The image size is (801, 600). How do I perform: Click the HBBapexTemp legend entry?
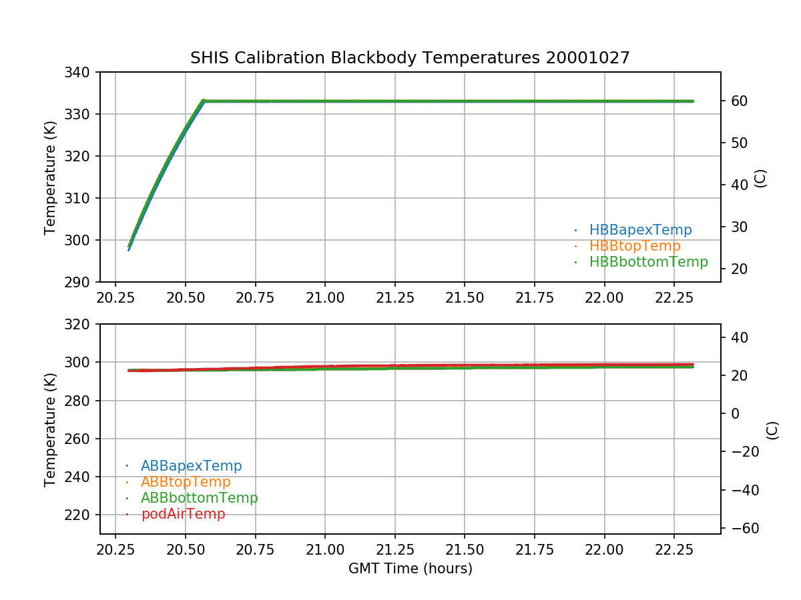[640, 230]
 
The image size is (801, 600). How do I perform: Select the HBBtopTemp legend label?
[635, 246]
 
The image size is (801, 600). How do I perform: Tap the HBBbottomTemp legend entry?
[648, 262]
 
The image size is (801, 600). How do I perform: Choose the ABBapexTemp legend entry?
[191, 466]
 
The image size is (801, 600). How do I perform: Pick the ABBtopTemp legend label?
[186, 482]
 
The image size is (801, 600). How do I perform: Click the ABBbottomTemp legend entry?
[199, 498]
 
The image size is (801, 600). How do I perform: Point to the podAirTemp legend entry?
[183, 514]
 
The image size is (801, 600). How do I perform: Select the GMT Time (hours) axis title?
[410, 569]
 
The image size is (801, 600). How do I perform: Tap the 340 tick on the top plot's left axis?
[81, 72]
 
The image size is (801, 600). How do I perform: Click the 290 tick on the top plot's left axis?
[81, 282]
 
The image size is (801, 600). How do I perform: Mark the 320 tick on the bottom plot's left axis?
[81, 324]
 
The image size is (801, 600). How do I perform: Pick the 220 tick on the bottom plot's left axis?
[81, 515]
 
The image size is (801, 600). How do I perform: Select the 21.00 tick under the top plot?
[325, 297]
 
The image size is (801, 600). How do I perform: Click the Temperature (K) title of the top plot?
[51, 177]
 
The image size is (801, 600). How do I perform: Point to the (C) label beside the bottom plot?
[772, 429]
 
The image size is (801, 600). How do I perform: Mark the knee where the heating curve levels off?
[204, 101]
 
